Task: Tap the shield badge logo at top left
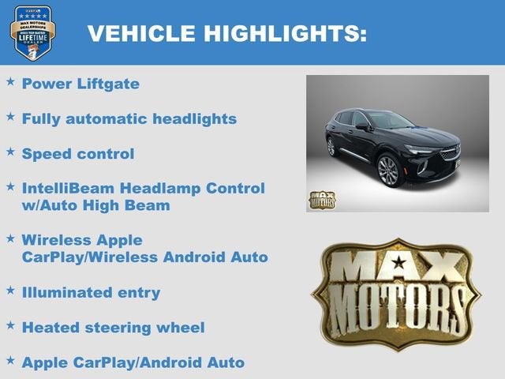(32, 32)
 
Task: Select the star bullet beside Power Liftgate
(10, 81)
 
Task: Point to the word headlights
(193, 118)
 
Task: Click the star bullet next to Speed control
(10, 151)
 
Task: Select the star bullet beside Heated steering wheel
(10, 325)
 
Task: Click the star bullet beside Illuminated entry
(10, 290)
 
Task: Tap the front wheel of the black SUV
(388, 171)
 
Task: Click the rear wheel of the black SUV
(331, 147)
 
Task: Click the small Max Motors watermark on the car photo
(321, 200)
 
